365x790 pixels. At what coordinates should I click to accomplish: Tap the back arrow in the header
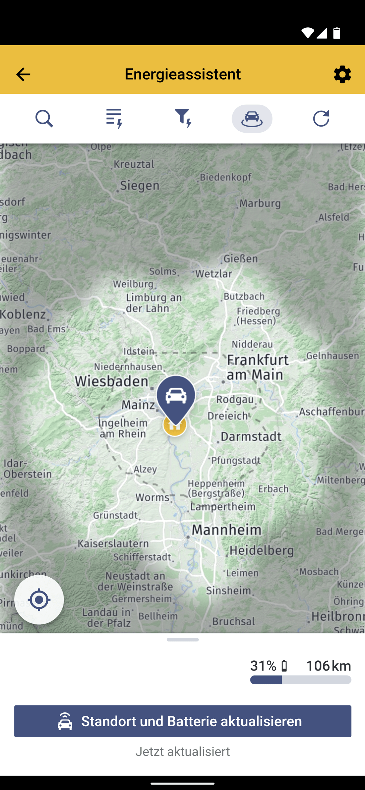[23, 74]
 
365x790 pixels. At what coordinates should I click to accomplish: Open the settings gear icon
[342, 74]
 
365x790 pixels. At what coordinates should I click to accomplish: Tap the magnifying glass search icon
[44, 119]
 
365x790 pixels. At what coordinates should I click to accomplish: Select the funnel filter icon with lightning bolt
[183, 119]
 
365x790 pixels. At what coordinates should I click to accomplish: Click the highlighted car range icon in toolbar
[252, 119]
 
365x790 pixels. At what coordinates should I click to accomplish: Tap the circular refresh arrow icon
[321, 119]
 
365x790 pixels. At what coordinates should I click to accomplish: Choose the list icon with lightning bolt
[114, 119]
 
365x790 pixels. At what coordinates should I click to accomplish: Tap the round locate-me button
[39, 600]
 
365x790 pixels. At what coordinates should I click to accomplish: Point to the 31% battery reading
[263, 666]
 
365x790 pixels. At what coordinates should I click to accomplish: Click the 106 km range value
[328, 666]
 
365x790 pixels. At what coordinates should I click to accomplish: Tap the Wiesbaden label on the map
[112, 381]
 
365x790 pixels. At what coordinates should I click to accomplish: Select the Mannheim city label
[226, 530]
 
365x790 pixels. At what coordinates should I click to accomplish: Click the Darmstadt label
[251, 437]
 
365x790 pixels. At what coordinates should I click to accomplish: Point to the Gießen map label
[241, 259]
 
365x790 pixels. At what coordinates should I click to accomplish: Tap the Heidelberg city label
[262, 551]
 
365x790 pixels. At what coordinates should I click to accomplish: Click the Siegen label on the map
[140, 185]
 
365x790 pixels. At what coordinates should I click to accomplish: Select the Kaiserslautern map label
[113, 543]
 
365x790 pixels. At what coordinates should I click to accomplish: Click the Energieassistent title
[182, 74]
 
